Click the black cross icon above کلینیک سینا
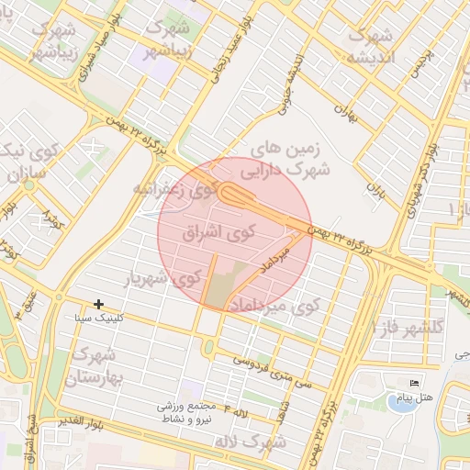click(x=98, y=304)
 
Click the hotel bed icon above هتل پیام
click(x=414, y=384)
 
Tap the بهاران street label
click(x=344, y=114)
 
